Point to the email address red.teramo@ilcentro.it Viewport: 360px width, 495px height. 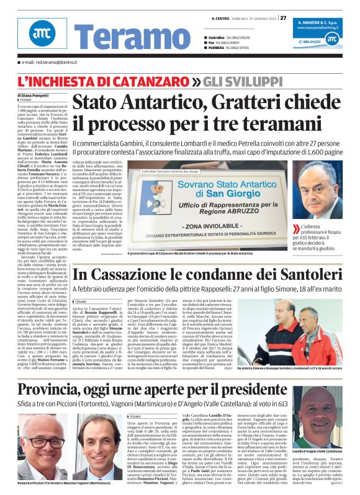[46, 63]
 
